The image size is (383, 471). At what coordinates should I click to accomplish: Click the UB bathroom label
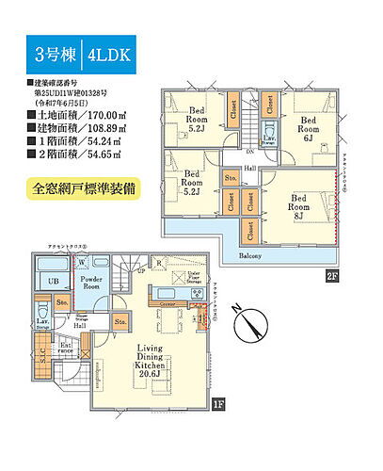pyautogui.click(x=55, y=282)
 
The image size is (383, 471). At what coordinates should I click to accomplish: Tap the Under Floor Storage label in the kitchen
pyautogui.click(x=193, y=281)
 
